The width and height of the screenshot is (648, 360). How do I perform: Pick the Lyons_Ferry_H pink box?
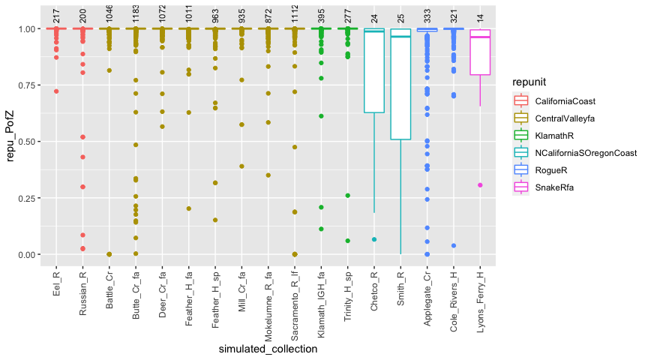pyautogui.click(x=479, y=52)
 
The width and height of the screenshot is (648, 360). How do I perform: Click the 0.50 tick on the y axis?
pyautogui.click(x=31, y=142)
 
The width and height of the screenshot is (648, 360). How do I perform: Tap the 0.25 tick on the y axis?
pyautogui.click(x=31, y=198)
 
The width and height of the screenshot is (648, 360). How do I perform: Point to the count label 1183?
pyautogui.click(x=136, y=13)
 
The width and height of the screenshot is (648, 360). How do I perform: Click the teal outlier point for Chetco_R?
pyautogui.click(x=373, y=239)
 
